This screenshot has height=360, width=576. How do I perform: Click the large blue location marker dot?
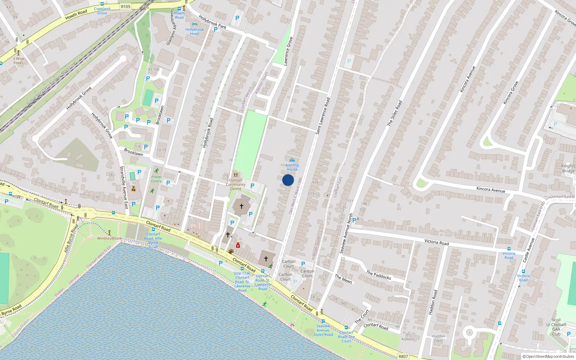288,180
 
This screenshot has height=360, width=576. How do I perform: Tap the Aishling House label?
292,167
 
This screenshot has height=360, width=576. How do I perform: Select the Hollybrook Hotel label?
194,32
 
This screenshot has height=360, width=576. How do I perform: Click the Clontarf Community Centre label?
235,184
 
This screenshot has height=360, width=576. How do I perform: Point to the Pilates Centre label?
156,179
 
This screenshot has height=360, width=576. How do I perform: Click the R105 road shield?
126,6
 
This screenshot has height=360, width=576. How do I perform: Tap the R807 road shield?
403,356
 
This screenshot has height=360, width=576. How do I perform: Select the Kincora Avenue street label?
490,189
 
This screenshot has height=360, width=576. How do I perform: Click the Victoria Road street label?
436,242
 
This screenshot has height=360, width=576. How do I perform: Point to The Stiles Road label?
395,113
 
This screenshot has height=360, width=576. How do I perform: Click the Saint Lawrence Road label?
323,116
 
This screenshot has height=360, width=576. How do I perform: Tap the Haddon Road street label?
433,302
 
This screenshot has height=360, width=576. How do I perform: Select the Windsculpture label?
109,238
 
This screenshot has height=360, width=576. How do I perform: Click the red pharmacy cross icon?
238,246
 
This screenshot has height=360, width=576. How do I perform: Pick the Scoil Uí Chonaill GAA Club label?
556,327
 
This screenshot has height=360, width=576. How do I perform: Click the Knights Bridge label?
568,168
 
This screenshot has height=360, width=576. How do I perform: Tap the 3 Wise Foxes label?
18,60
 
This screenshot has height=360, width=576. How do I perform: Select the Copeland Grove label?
102,11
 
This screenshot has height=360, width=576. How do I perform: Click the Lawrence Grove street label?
288,51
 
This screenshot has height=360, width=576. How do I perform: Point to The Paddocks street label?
379,275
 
